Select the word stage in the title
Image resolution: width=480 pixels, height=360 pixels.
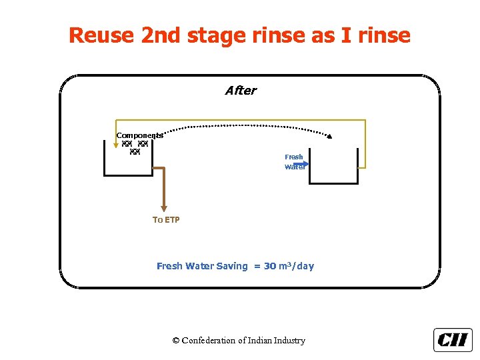[x=213, y=36]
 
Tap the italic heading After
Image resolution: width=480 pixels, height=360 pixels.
[x=241, y=91]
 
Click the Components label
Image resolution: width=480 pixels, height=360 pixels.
[x=139, y=135]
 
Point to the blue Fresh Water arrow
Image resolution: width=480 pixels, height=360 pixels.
[x=300, y=163]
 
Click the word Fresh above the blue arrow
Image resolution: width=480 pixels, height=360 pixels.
[x=294, y=157]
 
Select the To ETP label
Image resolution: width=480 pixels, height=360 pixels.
[x=166, y=219]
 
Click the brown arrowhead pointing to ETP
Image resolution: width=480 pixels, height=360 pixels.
[x=162, y=208]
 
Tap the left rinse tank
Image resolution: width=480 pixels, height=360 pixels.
[x=128, y=163]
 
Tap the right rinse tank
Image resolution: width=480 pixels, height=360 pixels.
[x=333, y=170]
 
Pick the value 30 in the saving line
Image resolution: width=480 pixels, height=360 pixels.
[x=269, y=266]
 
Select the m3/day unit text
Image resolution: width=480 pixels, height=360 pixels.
[x=297, y=266]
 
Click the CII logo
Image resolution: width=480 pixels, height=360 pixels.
[x=453, y=340]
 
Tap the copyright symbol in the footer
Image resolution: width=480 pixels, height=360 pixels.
[x=176, y=341]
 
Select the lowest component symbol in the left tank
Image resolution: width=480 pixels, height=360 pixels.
[x=135, y=153]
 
